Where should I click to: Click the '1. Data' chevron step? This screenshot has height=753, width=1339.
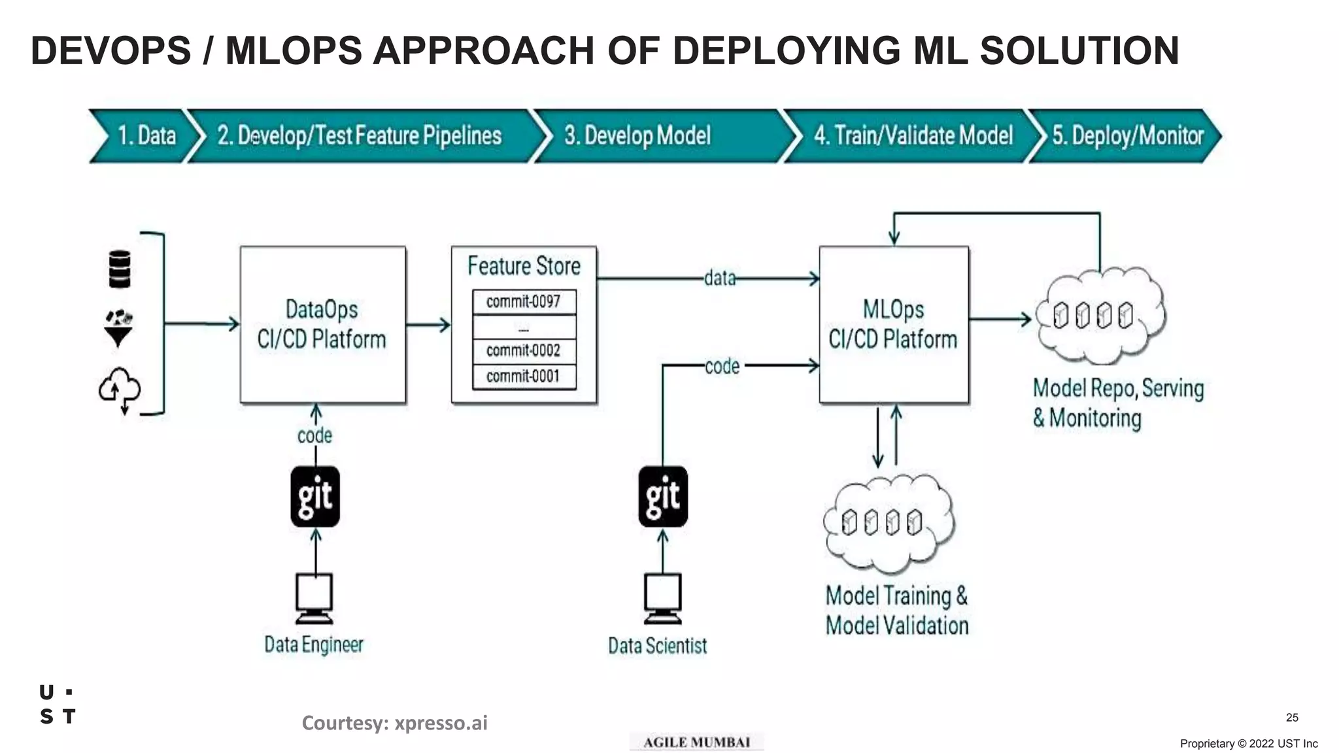click(145, 136)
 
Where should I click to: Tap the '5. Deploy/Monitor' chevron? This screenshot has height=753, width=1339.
click(1127, 136)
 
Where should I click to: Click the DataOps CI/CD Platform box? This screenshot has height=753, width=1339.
click(322, 325)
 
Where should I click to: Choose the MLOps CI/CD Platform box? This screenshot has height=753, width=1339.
click(893, 325)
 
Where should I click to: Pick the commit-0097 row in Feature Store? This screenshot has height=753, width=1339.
click(524, 302)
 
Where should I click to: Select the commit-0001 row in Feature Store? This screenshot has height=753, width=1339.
click(524, 376)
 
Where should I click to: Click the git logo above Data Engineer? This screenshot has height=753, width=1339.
click(315, 497)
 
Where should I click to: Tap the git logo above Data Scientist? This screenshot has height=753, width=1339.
click(663, 497)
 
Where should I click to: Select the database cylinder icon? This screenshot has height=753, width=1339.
click(119, 269)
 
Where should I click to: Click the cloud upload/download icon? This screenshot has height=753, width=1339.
click(120, 390)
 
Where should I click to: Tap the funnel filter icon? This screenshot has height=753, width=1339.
click(119, 329)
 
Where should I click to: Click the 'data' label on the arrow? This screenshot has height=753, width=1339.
click(719, 278)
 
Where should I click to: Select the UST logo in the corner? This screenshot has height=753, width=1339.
click(58, 705)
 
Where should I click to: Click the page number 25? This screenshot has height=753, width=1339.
click(1292, 718)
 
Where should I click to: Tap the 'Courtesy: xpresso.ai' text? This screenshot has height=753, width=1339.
click(394, 723)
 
